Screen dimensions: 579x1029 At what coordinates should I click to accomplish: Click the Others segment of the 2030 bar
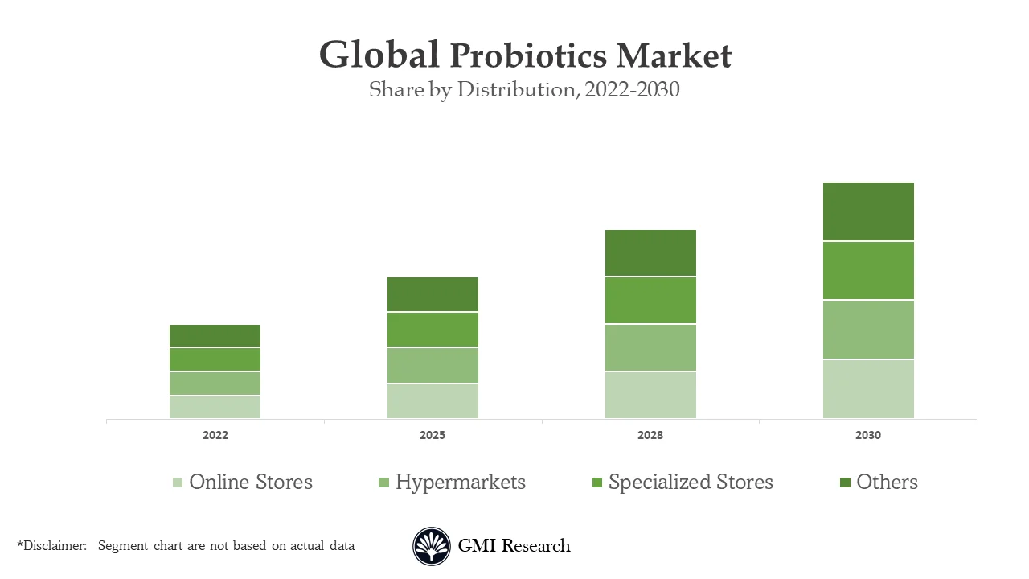868,211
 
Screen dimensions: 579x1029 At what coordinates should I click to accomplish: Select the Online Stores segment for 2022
215,407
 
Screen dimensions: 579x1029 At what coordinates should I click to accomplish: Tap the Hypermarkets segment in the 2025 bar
433,365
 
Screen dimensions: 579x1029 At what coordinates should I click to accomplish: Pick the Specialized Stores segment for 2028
650,300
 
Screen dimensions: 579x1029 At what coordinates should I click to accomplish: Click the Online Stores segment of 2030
868,388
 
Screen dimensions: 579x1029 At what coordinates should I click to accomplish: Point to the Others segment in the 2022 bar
215,335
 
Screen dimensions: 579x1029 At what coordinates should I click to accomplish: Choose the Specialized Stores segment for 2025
433,330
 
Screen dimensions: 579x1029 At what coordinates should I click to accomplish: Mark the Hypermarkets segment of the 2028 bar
650,347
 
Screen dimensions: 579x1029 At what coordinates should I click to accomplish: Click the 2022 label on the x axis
215,435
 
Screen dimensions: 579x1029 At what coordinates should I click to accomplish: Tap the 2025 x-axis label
433,435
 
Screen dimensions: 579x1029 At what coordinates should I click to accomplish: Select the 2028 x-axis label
650,435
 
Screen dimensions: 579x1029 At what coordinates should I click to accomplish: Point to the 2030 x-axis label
868,435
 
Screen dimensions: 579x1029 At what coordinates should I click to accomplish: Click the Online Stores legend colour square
178,482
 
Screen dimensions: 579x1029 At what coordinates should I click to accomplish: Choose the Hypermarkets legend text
460,482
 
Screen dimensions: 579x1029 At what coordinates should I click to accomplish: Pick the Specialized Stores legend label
691,482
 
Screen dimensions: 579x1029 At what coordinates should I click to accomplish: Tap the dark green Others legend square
845,482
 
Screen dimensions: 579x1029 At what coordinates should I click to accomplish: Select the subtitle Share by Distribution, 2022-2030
524,90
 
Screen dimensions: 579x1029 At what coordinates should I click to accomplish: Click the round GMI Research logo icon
432,547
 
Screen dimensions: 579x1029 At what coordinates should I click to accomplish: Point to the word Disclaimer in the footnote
55,546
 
